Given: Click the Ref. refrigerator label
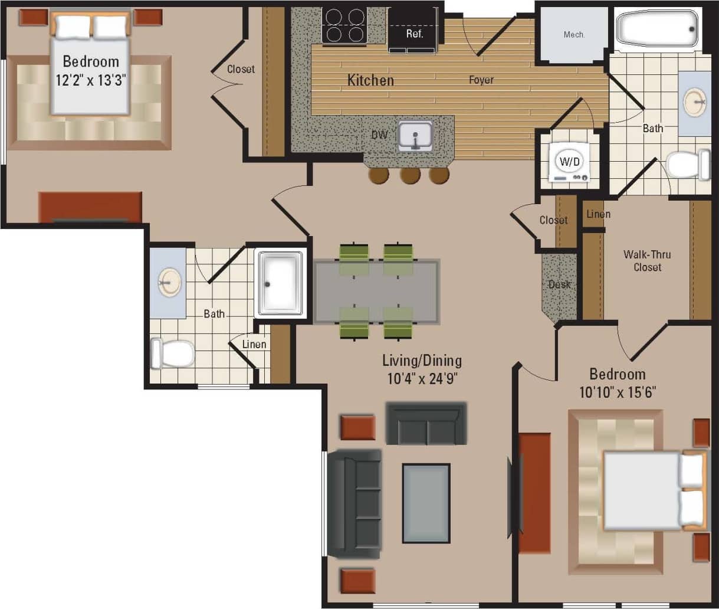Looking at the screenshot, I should pos(415,34).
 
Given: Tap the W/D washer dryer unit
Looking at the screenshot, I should pos(569,161).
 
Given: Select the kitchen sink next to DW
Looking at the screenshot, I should pos(415,136).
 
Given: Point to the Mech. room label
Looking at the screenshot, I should pos(574,35).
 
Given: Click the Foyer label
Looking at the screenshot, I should pos(481,80).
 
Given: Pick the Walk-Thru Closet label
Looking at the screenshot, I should pos(648,261).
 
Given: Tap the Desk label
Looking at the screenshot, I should pos(559,284).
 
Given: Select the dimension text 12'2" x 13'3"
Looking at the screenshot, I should pos(91,81).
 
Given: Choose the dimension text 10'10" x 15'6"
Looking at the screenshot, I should pos(617,392).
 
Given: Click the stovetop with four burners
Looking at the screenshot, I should pos(344,25).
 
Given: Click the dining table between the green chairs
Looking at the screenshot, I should pos(377,291).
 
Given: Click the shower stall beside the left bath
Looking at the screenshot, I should pos(281,283).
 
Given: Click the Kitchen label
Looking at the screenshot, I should pos(370,80).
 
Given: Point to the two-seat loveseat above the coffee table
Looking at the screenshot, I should pos(426,423).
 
